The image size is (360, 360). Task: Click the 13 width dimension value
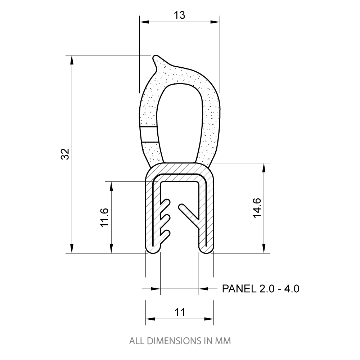(x=179, y=15)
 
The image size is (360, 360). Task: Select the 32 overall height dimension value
(x=65, y=154)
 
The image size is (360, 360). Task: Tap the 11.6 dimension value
(x=105, y=217)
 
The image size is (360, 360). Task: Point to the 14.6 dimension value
(x=257, y=208)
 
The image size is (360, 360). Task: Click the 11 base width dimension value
(x=180, y=312)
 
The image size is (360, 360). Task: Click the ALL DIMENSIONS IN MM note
(x=180, y=341)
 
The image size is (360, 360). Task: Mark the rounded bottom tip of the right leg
(x=206, y=250)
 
